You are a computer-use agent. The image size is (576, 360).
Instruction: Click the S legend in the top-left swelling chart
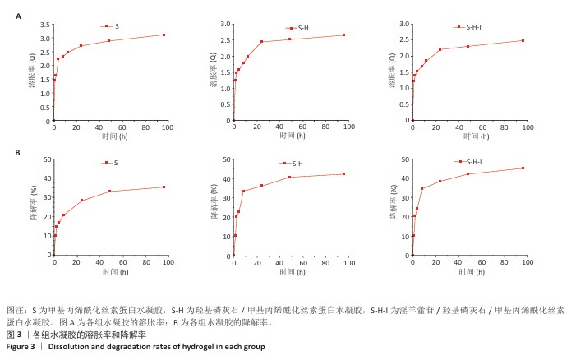point(111,27)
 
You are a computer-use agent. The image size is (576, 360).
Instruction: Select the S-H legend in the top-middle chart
point(297,28)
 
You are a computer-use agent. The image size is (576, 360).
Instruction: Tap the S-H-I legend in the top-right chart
point(476,28)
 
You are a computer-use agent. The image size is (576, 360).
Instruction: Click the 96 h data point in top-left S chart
point(164,35)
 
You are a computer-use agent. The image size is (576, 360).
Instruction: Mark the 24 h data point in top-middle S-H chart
point(261,42)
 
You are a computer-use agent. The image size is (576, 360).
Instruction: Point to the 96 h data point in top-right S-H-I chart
point(523,40)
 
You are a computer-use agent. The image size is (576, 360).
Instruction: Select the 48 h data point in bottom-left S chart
point(109,192)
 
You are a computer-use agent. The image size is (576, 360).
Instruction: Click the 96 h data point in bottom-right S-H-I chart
point(523,168)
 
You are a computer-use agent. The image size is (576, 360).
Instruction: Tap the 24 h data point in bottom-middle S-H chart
point(261,186)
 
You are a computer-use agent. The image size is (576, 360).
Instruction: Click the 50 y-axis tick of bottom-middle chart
point(227,159)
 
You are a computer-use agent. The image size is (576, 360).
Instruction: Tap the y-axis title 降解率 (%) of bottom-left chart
point(34,208)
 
